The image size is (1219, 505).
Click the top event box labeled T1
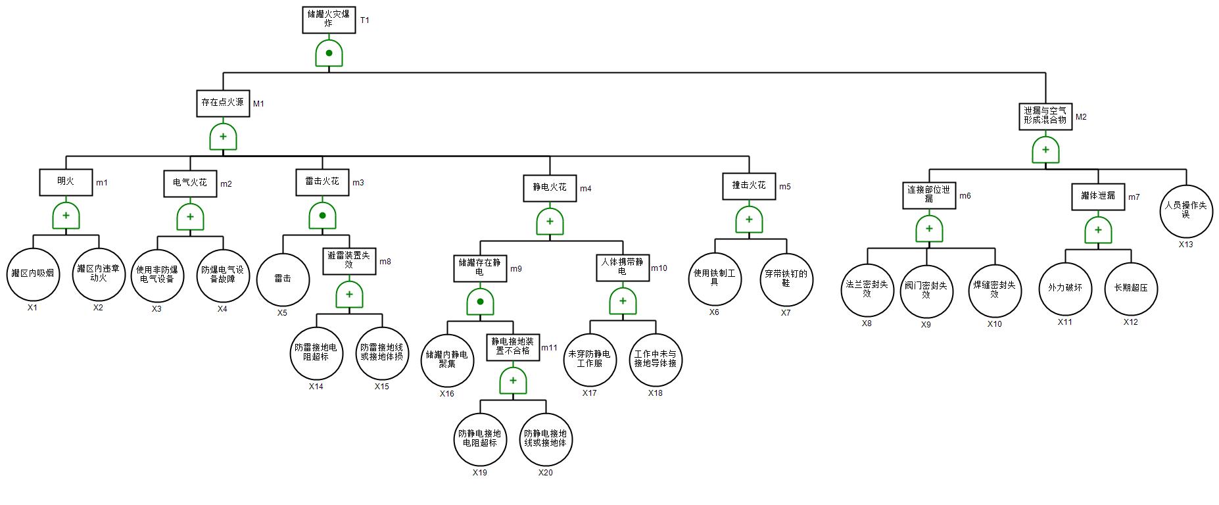pyautogui.click(x=329, y=19)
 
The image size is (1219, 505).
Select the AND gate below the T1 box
pyautogui.click(x=329, y=53)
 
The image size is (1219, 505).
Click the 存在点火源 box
pyautogui.click(x=223, y=103)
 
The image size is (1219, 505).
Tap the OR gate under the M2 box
pyautogui.click(x=1045, y=151)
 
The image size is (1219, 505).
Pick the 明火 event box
pyautogui.click(x=66, y=182)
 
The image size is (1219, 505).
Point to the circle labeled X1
pyautogui.click(x=33, y=274)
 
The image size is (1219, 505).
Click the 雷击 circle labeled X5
pyautogui.click(x=283, y=279)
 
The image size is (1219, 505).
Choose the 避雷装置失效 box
pyautogui.click(x=349, y=261)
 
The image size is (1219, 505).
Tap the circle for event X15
pyautogui.click(x=382, y=353)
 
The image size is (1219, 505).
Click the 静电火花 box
pyautogui.click(x=550, y=188)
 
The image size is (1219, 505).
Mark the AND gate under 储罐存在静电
pyautogui.click(x=480, y=302)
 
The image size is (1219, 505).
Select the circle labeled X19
pyautogui.click(x=480, y=439)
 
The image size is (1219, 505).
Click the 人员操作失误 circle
pyautogui.click(x=1186, y=210)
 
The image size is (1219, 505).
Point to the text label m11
pyautogui.click(x=549, y=348)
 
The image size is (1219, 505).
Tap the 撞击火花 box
pyautogui.click(x=749, y=186)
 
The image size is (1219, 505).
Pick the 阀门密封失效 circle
pyautogui.click(x=926, y=291)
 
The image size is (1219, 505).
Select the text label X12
pyautogui.click(x=1130, y=322)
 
